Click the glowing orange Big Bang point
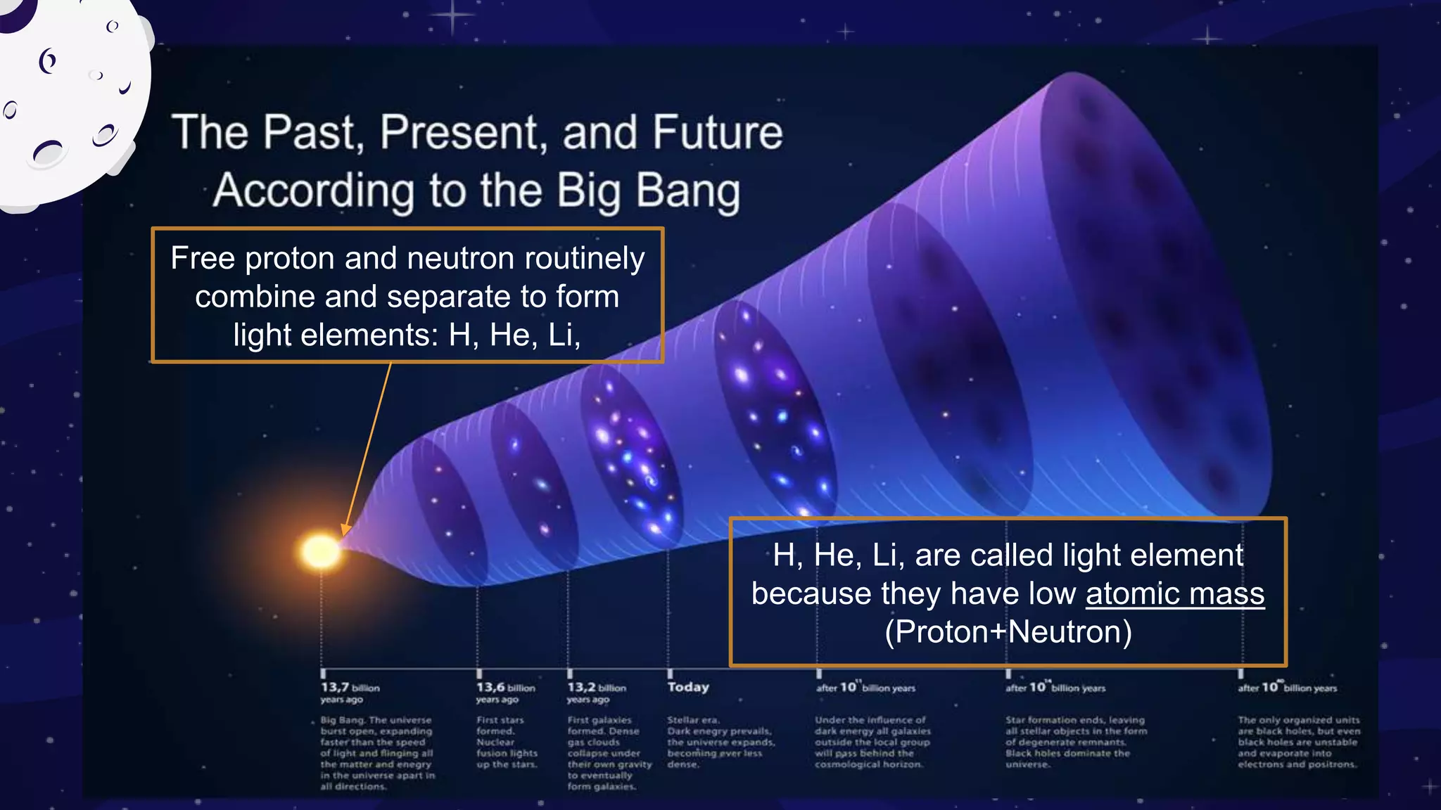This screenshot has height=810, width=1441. pos(321,551)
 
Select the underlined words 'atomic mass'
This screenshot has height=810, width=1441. pos(1174,593)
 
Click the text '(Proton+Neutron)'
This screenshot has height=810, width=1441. pos(1008,631)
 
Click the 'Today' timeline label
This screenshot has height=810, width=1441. pos(688,687)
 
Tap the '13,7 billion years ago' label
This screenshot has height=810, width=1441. pos(350,693)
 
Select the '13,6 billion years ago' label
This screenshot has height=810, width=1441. pos(505,693)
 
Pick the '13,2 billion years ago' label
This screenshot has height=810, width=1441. pos(596,693)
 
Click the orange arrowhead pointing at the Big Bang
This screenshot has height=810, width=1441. pos(345,529)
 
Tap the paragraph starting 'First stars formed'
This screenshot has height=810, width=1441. pos(506,742)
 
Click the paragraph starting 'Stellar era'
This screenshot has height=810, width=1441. pos(720,742)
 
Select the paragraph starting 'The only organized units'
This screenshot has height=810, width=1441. pos(1298,742)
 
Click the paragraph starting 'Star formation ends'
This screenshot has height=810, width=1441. pos(1075,742)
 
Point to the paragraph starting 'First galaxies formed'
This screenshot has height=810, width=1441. pos(609,752)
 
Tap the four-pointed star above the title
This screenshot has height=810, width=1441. pos(452,14)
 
